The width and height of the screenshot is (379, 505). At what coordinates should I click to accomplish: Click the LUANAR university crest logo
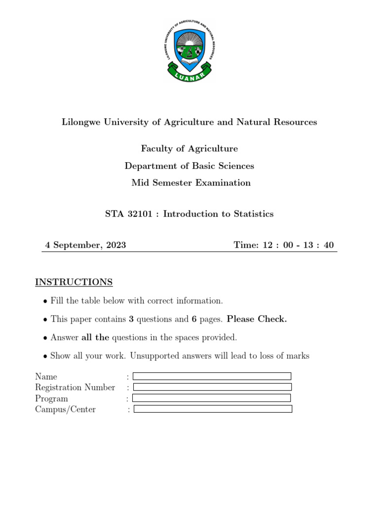pyautogui.click(x=189, y=51)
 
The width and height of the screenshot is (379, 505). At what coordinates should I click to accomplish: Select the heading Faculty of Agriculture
pyautogui.click(x=189, y=148)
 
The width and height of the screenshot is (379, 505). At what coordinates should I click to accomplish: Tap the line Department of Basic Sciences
pyautogui.click(x=189, y=166)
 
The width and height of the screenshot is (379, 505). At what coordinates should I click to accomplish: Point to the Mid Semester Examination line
pyautogui.click(x=190, y=183)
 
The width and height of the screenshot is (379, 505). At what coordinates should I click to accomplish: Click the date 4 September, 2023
pyautogui.click(x=85, y=245)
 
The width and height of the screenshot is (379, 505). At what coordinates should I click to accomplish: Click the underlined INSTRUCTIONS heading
pyautogui.click(x=74, y=282)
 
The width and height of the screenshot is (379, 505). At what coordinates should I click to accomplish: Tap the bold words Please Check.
pyautogui.click(x=257, y=319)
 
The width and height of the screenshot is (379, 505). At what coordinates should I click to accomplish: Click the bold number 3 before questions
pyautogui.click(x=131, y=319)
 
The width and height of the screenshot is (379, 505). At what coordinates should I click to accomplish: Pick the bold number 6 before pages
pyautogui.click(x=194, y=319)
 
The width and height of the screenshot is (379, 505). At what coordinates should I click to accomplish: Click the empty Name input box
pyautogui.click(x=212, y=376)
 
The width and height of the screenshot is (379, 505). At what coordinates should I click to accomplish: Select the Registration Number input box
pyautogui.click(x=212, y=387)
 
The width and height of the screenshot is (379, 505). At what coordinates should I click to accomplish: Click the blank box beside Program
pyautogui.click(x=211, y=398)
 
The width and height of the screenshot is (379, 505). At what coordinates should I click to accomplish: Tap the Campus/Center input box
pyautogui.click(x=213, y=409)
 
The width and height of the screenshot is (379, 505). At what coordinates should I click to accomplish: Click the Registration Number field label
pyautogui.click(x=75, y=388)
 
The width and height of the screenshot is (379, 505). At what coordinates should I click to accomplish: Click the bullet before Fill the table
pyautogui.click(x=45, y=301)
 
